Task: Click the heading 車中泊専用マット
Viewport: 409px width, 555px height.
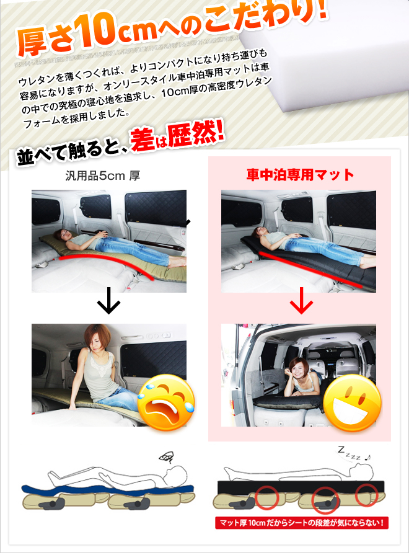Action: point(300,175)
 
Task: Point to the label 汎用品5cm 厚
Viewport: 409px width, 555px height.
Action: point(103,175)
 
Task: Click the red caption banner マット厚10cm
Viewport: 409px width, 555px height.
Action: point(302,522)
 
